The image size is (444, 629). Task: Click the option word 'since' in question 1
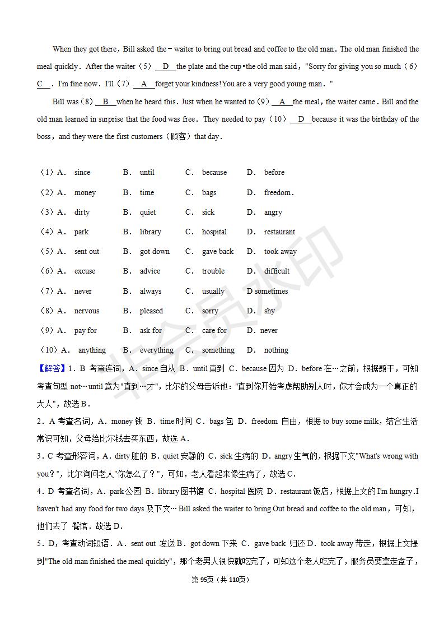click(x=82, y=173)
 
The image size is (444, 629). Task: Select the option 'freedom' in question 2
click(x=278, y=193)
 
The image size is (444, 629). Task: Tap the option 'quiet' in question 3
click(x=148, y=212)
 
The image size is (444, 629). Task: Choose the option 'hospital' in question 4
click(x=214, y=232)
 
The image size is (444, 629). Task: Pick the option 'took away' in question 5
click(x=281, y=252)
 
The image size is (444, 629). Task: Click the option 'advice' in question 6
click(x=150, y=271)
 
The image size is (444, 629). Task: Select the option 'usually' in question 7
click(x=213, y=292)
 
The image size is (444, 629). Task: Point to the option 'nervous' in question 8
click(x=87, y=311)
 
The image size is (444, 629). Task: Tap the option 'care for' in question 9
click(x=214, y=331)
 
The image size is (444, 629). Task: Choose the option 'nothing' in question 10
click(x=276, y=350)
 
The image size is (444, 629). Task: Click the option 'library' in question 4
click(x=150, y=232)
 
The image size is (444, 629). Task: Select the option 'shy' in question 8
click(x=269, y=311)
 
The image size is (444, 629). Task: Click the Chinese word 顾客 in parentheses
click(x=179, y=137)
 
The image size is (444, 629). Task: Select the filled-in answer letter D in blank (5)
click(x=165, y=67)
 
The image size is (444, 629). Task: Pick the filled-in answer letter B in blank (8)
click(x=105, y=102)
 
